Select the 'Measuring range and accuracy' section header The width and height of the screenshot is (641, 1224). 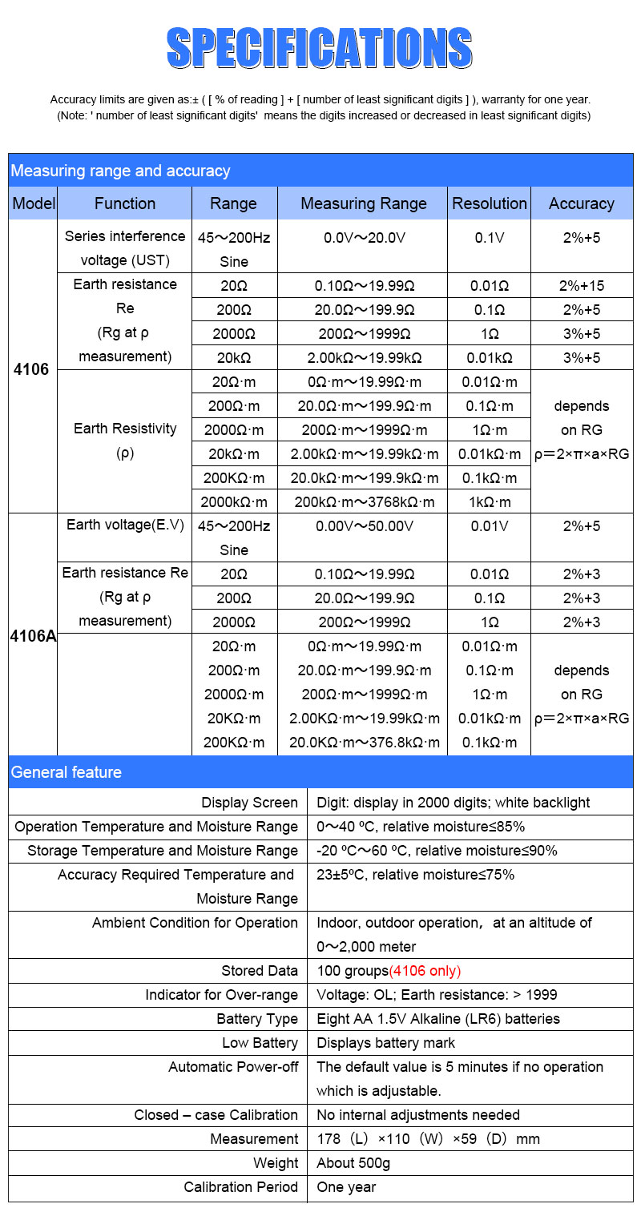click(x=120, y=171)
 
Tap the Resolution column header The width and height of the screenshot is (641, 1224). click(x=490, y=203)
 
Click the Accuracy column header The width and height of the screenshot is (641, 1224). click(x=581, y=203)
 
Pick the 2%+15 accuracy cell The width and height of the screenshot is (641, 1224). click(x=581, y=285)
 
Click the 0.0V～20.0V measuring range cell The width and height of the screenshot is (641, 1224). click(x=364, y=238)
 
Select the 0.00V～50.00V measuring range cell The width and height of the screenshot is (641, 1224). click(x=364, y=526)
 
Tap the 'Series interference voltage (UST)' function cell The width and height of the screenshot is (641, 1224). click(x=125, y=248)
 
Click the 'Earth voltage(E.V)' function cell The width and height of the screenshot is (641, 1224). click(x=125, y=525)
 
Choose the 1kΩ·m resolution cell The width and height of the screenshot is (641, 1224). click(x=490, y=502)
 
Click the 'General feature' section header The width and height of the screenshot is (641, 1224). click(x=67, y=772)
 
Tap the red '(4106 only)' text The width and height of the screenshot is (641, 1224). click(x=425, y=971)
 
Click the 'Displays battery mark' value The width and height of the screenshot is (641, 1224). click(x=386, y=1043)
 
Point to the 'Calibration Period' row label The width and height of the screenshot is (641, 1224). click(x=240, y=1187)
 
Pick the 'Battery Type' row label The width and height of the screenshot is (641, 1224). click(x=257, y=1019)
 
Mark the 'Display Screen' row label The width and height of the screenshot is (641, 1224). click(x=249, y=803)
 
